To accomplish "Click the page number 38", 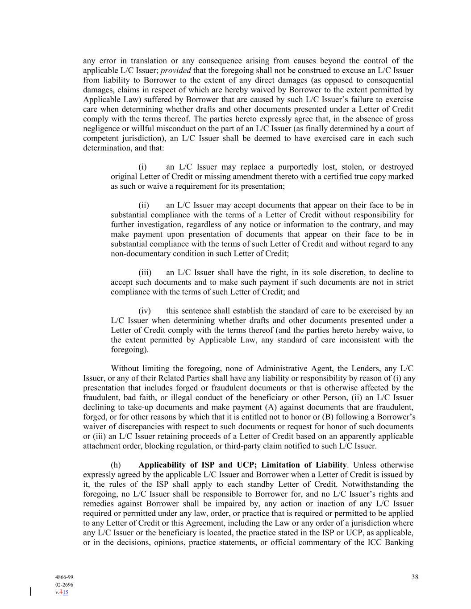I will click(x=415, y=577).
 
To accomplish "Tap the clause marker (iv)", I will click(x=145, y=311).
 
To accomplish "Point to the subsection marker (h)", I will click(x=116, y=465).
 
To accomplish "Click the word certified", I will click(x=332, y=177).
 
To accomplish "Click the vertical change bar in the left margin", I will click(x=30, y=592).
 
